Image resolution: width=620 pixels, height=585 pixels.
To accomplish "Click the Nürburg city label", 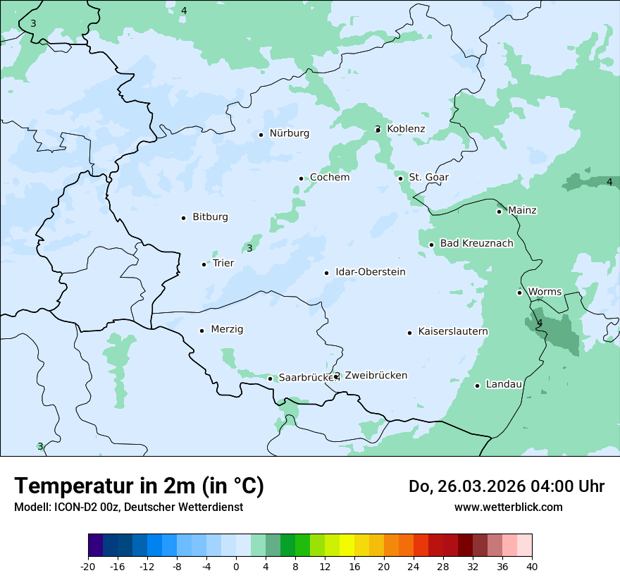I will (289, 133).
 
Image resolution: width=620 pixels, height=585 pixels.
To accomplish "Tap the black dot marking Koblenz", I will (378, 130).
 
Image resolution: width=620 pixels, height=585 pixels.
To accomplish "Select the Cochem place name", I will (329, 178).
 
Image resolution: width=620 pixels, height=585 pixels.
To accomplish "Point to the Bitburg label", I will (210, 217).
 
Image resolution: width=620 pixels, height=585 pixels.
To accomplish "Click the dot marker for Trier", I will (204, 264).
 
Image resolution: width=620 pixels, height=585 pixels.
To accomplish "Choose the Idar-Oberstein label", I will (370, 272).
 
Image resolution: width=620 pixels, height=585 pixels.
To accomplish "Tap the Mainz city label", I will (521, 210).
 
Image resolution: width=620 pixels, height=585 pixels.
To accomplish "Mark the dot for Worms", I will (520, 292).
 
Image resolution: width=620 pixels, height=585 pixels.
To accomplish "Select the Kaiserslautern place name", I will (452, 331).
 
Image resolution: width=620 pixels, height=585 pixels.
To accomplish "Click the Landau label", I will (504, 384).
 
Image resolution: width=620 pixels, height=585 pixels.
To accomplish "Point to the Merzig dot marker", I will (201, 331).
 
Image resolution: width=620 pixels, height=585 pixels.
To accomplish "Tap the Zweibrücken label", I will (376, 376).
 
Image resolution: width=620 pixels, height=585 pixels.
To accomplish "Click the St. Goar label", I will (428, 177).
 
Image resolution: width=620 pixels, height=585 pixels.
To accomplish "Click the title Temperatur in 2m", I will (139, 486).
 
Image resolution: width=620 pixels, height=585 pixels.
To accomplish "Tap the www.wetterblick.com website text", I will (508, 507).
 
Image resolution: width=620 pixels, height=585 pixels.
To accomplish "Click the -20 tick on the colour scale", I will (88, 567).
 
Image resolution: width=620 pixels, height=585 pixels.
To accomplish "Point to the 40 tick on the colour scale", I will (532, 567).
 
